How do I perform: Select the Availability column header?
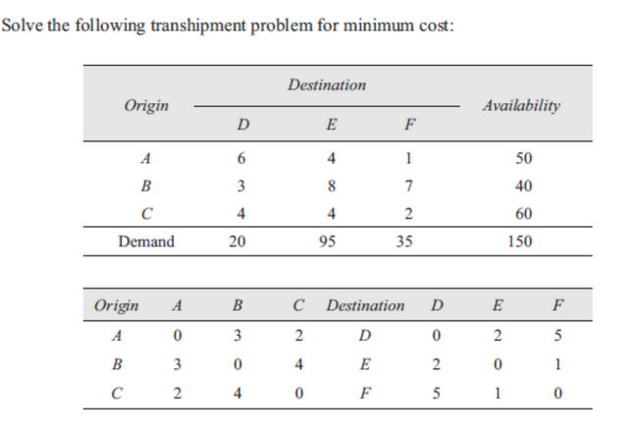(521, 105)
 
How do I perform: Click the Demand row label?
(146, 241)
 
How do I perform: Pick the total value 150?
(521, 241)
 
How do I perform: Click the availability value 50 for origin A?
(521, 158)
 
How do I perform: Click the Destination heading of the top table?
(327, 85)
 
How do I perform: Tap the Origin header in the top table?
(145, 105)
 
